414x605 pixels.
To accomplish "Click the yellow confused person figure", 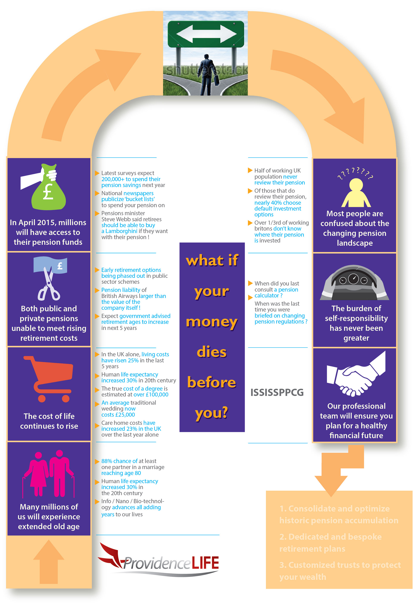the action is coord(356,193).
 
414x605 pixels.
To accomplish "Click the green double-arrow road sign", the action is coord(205,34).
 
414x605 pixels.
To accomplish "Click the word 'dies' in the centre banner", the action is coord(212,352).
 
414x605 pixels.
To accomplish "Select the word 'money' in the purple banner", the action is coord(212,322).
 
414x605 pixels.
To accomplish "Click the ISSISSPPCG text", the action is coord(277,392).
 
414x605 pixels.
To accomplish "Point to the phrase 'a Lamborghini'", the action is coord(119,231).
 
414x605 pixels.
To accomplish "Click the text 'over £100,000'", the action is coord(151,394).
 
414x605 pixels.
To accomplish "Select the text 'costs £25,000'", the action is coord(118,415).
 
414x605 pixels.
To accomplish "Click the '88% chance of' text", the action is coord(119,461).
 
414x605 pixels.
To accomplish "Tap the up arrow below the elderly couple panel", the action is coord(49,562).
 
